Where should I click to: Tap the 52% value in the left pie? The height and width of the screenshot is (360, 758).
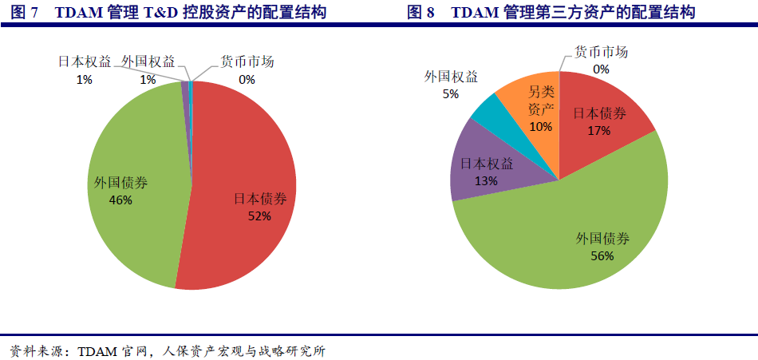[259, 216]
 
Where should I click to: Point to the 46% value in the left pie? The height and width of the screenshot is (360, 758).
[120, 200]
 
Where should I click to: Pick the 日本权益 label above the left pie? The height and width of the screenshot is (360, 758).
[85, 62]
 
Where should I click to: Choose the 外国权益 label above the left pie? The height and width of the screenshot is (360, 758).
[148, 62]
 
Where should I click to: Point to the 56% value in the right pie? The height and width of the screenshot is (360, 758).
[602, 255]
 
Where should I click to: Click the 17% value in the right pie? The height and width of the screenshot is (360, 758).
[599, 130]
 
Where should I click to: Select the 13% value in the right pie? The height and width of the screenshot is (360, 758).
[486, 181]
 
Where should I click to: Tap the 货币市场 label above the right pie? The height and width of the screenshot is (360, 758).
[601, 53]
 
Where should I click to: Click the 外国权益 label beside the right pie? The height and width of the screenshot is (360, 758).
[452, 77]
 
